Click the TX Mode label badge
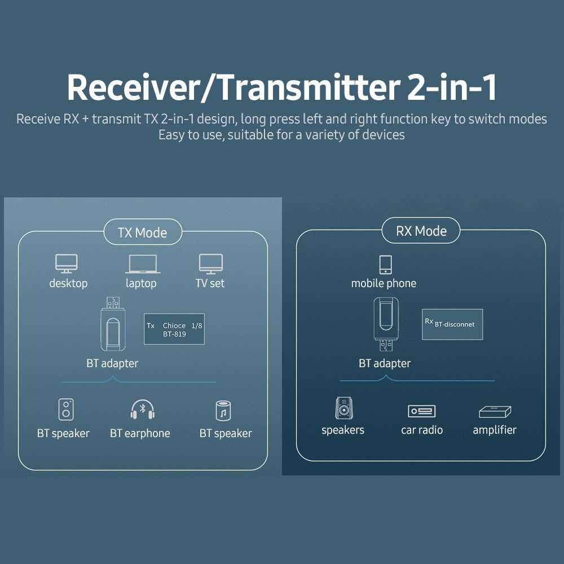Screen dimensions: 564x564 pyautogui.click(x=142, y=233)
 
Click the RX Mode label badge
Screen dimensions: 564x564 pyautogui.click(x=421, y=231)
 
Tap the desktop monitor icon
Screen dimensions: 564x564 pyautogui.click(x=66, y=263)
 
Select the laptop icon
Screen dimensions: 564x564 pyautogui.click(x=141, y=264)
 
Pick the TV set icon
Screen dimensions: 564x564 pyautogui.click(x=210, y=263)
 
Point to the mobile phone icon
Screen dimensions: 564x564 pyautogui.click(x=385, y=265)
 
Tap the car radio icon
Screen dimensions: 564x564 pyautogui.click(x=422, y=411)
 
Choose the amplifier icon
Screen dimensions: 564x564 pyautogui.click(x=495, y=412)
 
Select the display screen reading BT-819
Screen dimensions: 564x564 pyautogui.click(x=174, y=329)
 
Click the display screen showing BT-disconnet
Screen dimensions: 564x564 pyautogui.click(x=452, y=324)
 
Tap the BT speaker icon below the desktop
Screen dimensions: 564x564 pyautogui.click(x=66, y=410)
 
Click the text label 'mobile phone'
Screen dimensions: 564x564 pyautogui.click(x=384, y=283)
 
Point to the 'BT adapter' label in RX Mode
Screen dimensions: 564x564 pyautogui.click(x=385, y=363)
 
